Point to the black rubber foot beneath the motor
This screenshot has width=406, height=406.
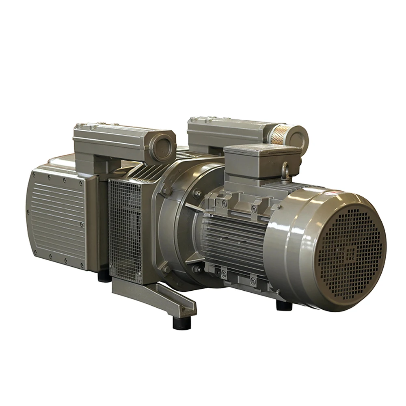point(284,305)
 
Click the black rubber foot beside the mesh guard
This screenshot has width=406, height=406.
point(104,276)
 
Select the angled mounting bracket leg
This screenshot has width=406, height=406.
point(162,296)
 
